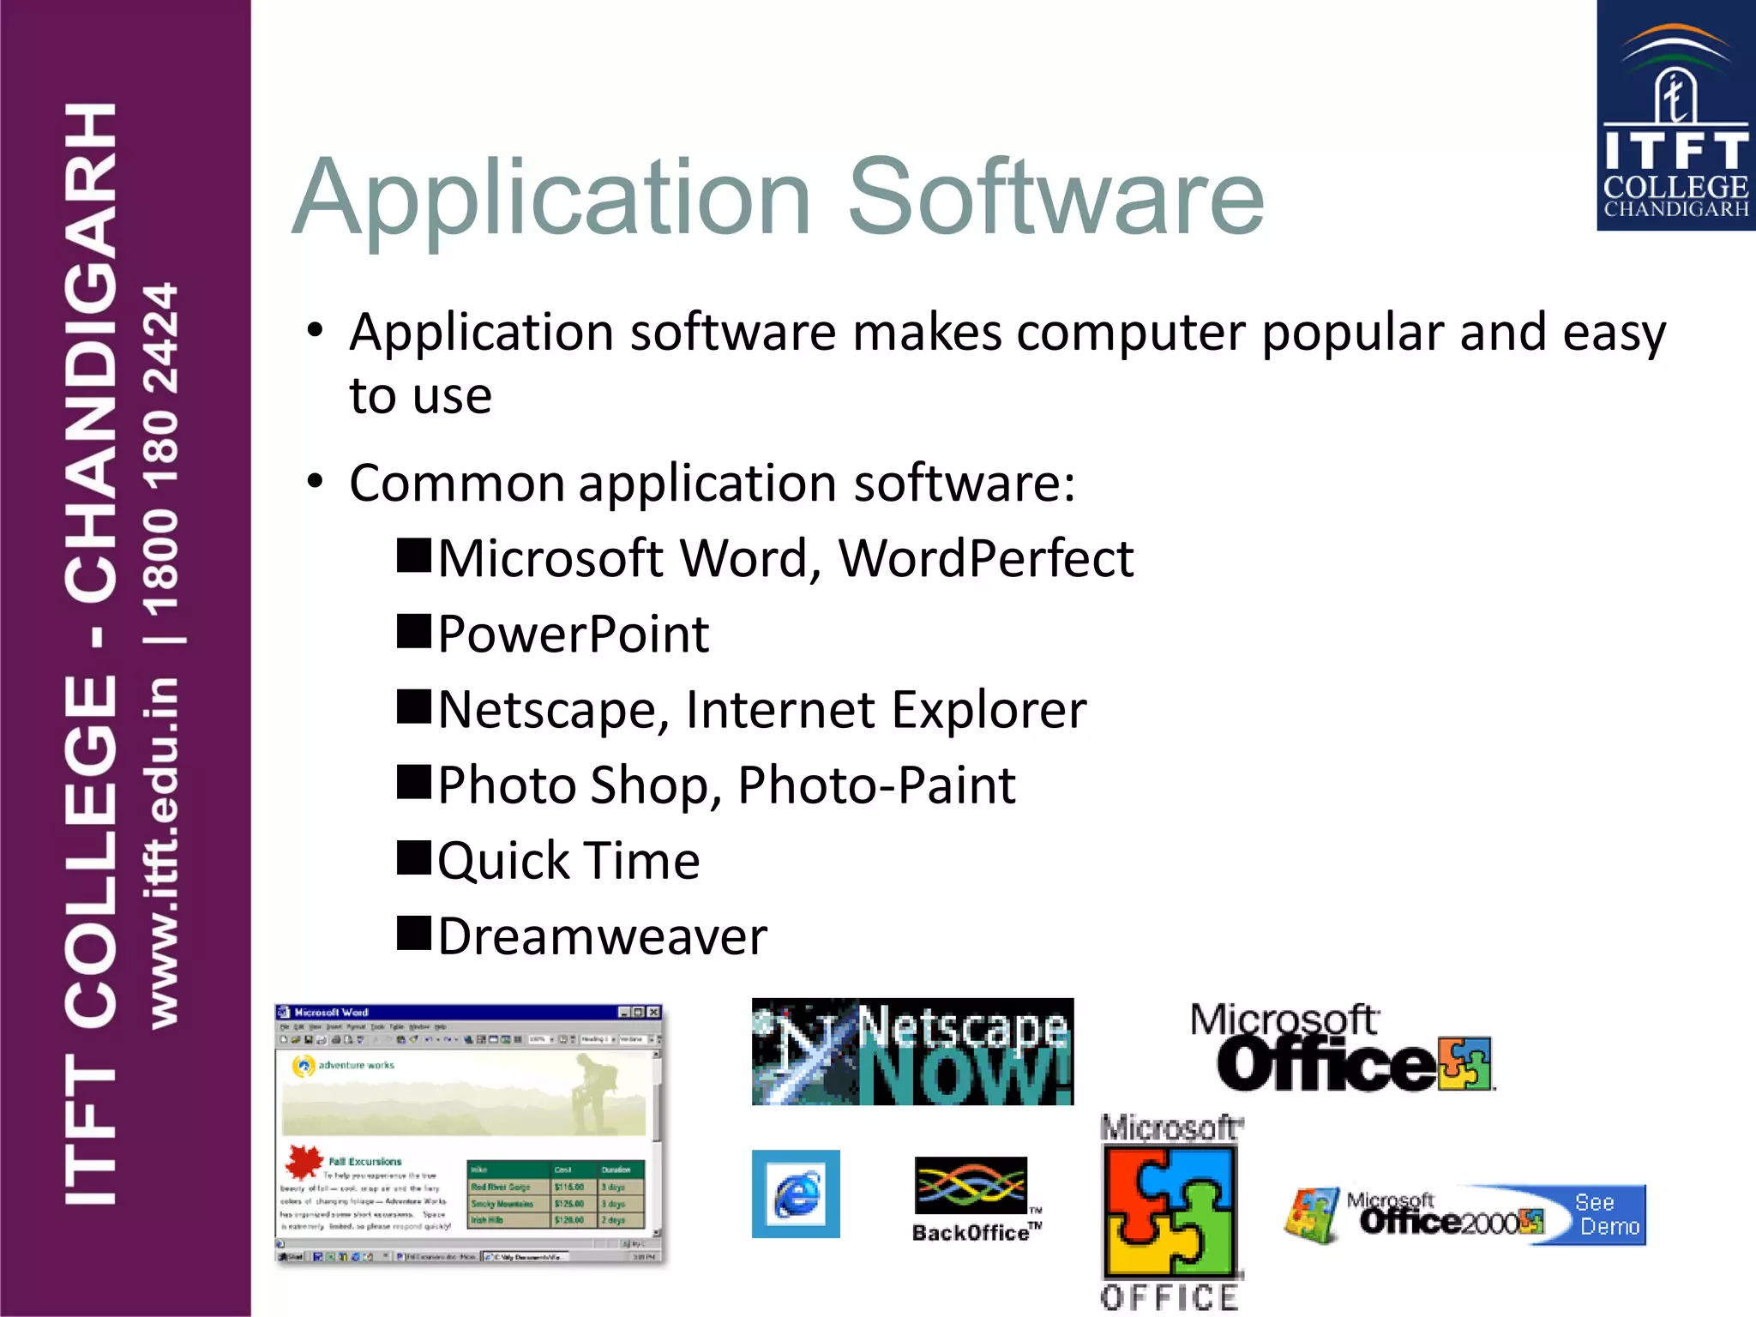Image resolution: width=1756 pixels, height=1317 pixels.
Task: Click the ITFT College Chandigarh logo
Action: (1675, 116)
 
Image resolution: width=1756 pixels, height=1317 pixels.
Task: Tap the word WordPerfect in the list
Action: (986, 559)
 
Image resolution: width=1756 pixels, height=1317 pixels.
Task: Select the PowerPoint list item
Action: (573, 634)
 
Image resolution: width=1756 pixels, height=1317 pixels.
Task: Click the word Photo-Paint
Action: (876, 785)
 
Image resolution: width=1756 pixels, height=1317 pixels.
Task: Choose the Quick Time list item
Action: (568, 861)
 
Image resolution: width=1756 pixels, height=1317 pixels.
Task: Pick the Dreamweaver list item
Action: (602, 936)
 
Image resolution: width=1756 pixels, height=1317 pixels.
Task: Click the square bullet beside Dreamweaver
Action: (414, 933)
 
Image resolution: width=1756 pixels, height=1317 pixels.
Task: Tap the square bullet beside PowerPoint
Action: (414, 631)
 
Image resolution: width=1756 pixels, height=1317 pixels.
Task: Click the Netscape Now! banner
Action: (912, 1051)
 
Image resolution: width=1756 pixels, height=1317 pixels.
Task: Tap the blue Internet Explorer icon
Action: (796, 1194)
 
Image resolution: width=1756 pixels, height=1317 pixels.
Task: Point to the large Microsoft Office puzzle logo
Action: (1171, 1211)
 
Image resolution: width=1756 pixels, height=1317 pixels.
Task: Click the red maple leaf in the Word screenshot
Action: (302, 1162)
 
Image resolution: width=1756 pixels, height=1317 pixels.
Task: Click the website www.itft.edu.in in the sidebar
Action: (163, 852)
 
